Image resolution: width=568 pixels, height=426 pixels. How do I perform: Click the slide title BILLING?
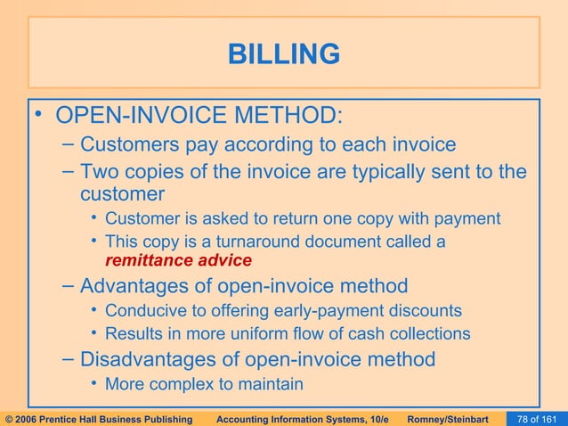pos(284,54)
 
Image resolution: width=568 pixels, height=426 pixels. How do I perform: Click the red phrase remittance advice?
pos(178,261)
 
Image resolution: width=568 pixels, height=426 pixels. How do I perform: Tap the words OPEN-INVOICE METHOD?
pos(198,117)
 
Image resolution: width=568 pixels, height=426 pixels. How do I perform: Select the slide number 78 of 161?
pos(537,417)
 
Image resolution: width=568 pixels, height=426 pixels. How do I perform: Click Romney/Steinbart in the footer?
pos(453,417)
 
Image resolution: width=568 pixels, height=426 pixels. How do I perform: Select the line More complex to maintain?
pos(204,384)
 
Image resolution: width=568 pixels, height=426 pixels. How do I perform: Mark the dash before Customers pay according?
pos(69,144)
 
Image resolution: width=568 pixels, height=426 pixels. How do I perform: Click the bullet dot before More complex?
pos(94,384)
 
